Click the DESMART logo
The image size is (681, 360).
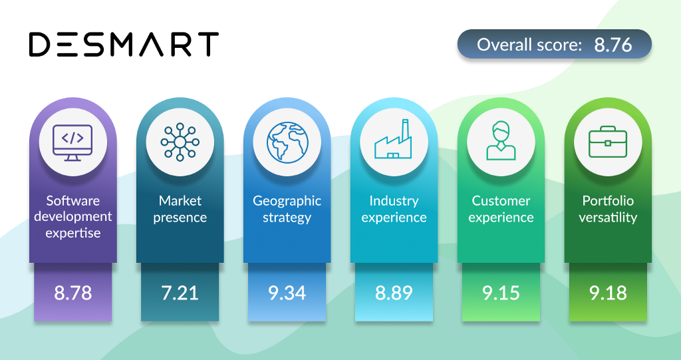pos(124,45)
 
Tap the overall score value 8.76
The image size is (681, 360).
pos(613,45)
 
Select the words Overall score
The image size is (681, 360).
pos(529,45)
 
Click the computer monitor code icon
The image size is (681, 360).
pos(72,142)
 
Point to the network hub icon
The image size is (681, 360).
pos(180,142)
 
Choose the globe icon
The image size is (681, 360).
pos(287,142)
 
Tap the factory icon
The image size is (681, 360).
pos(393,138)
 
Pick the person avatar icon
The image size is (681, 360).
pos(501,140)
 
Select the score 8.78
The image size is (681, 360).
pos(73,293)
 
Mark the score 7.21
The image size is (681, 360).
pos(180,293)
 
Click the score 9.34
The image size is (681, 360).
pos(287,293)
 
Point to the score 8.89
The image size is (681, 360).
pos(394,293)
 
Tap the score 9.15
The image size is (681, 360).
pos(501,293)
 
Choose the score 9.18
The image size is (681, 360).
pos(608,293)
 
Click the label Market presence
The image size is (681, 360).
pos(180,209)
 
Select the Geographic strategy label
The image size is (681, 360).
pos(287,209)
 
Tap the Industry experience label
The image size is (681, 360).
pos(394,209)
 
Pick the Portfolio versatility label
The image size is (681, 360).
pos(608,209)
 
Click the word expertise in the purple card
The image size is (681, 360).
pos(73,234)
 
